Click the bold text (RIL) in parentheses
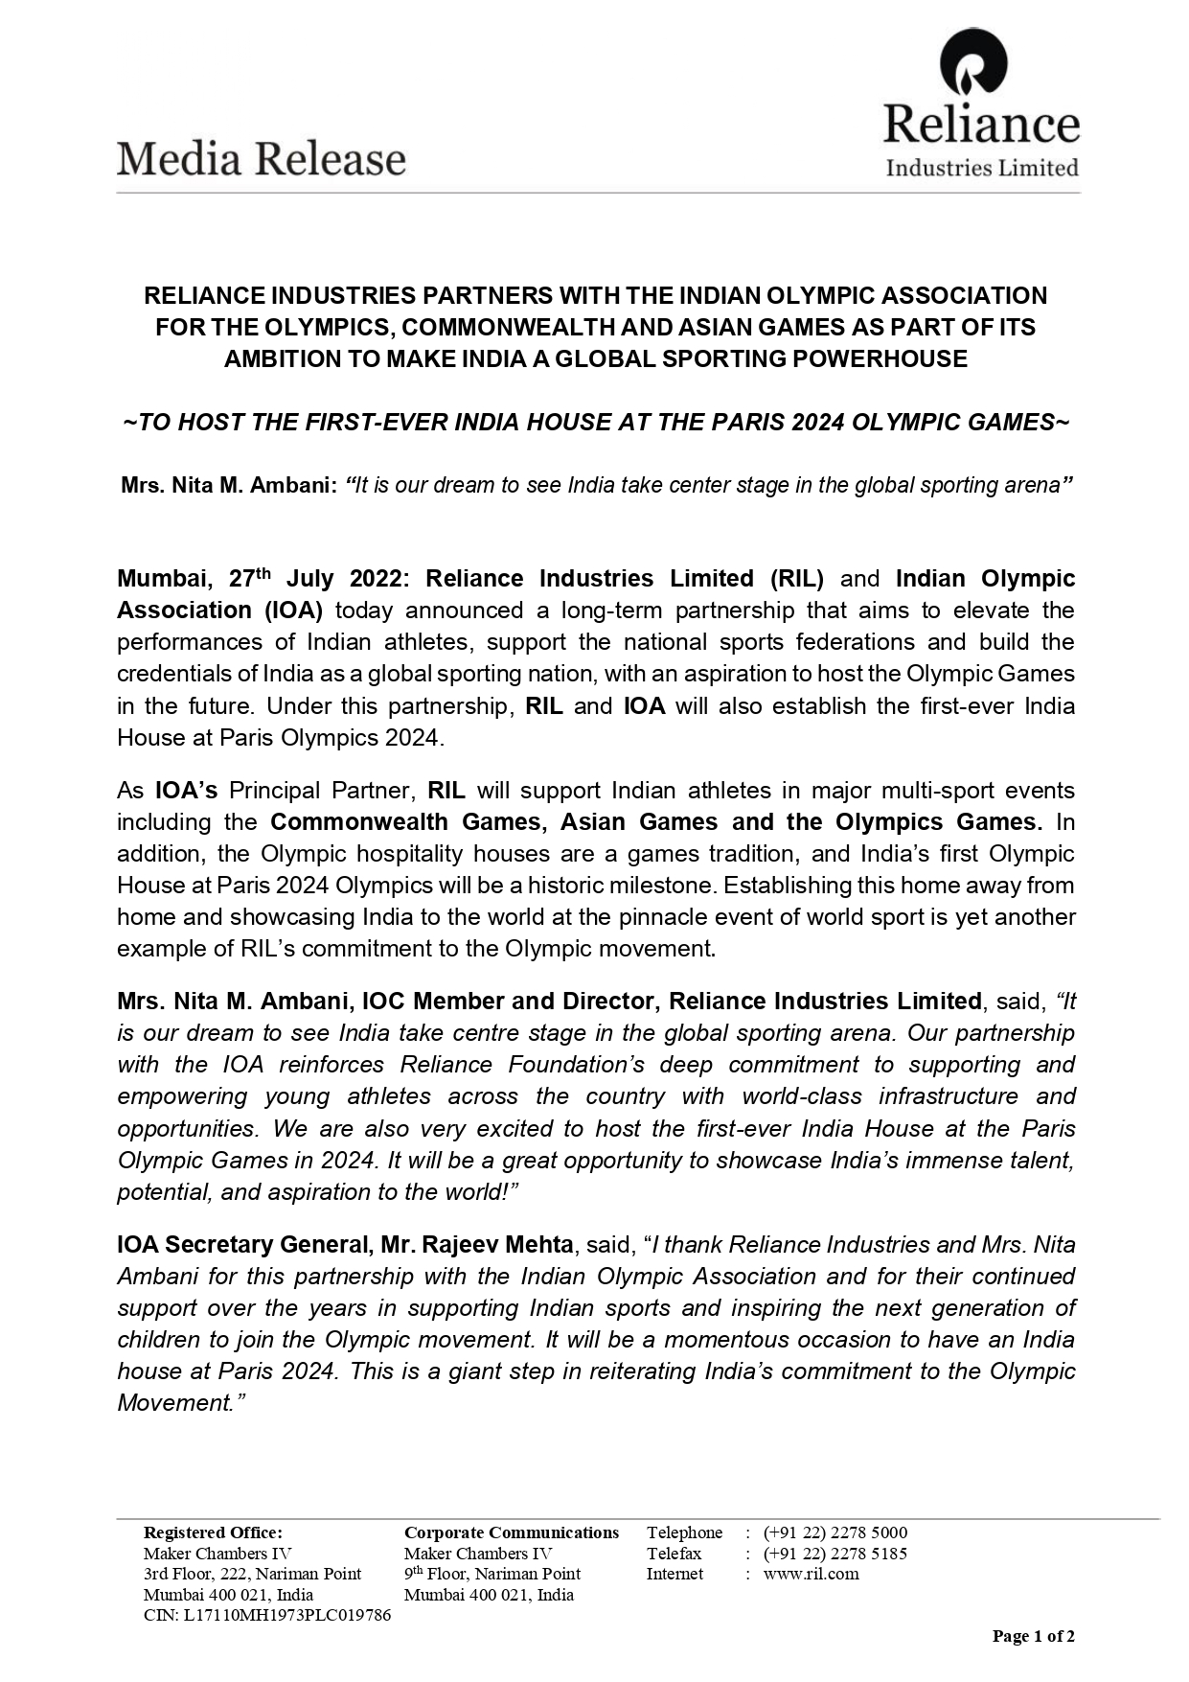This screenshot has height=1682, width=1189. click(795, 579)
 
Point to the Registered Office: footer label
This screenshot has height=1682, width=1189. click(213, 1532)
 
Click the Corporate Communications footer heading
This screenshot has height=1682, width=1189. click(512, 1532)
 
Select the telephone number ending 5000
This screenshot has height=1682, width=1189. click(835, 1532)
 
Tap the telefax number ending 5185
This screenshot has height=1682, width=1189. click(835, 1554)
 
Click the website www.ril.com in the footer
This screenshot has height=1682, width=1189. click(811, 1574)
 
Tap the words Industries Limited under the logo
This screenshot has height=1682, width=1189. click(981, 169)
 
